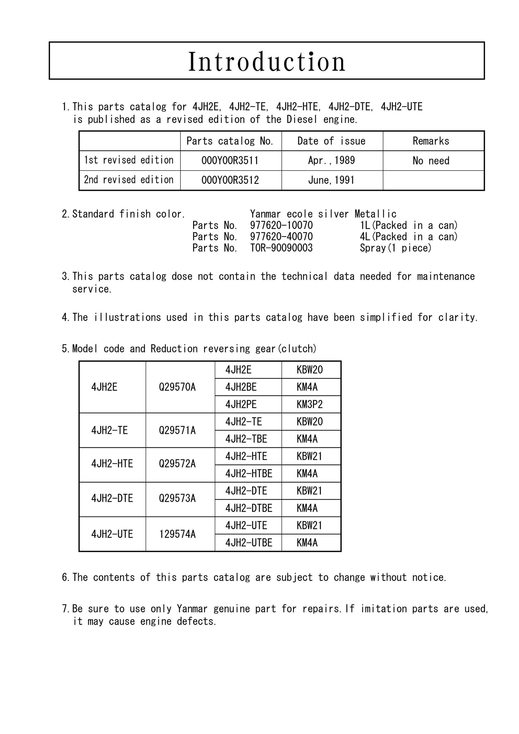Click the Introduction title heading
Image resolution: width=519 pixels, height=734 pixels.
[x=267, y=61]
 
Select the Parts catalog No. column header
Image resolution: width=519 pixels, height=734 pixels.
[x=230, y=141]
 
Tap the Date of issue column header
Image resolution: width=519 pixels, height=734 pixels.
[x=332, y=141]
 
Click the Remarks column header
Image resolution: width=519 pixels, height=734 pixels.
[x=431, y=141]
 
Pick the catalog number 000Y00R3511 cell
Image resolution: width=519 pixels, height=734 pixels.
[x=230, y=161]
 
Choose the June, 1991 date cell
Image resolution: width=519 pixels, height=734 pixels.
[x=332, y=180]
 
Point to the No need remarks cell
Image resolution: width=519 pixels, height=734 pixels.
[x=431, y=161]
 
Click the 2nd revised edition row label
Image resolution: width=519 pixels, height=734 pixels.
[x=129, y=180]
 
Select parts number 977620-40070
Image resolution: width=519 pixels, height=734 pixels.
[x=281, y=237]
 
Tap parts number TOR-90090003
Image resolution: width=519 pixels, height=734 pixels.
[x=281, y=248]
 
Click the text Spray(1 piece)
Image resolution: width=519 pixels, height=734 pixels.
[x=396, y=248]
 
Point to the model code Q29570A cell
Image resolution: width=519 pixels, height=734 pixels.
[x=177, y=388]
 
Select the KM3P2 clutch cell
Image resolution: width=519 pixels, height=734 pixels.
[x=310, y=405]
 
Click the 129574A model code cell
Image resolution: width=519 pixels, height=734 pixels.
[x=177, y=534]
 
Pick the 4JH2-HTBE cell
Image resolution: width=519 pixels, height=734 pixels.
[x=249, y=473]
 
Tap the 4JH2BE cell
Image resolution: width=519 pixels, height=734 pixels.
[x=241, y=388]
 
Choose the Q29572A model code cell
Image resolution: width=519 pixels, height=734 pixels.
[x=177, y=464]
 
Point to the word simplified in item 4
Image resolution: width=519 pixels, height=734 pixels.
[x=386, y=317]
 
